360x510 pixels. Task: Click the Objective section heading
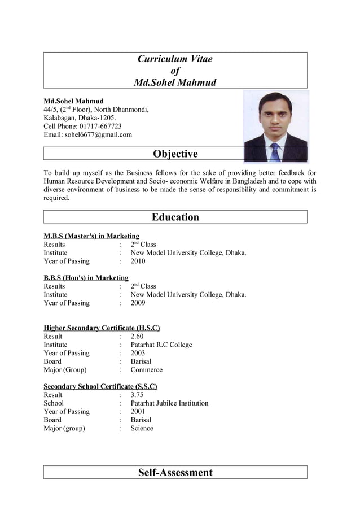[x=175, y=154]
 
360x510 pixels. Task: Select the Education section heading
[x=175, y=217]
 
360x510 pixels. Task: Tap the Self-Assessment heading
[x=175, y=473]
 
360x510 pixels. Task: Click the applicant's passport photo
[x=275, y=127]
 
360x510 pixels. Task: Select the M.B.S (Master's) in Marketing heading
[x=91, y=236]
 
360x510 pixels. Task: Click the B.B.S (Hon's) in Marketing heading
[x=86, y=278]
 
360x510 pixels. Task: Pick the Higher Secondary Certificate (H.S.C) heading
[x=102, y=328]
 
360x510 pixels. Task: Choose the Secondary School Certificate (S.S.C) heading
[x=100, y=386]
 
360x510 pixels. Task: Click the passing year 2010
[x=138, y=261]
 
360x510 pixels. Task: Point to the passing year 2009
[x=138, y=303]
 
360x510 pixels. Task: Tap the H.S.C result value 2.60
[x=137, y=337]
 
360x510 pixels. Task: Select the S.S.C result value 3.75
[x=137, y=395]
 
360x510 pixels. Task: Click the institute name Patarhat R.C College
[x=161, y=345]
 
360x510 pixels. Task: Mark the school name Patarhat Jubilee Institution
[x=169, y=403]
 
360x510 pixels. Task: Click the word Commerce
[x=146, y=370]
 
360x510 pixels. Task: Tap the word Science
[x=142, y=428]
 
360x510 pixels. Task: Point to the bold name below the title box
[x=73, y=101]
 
